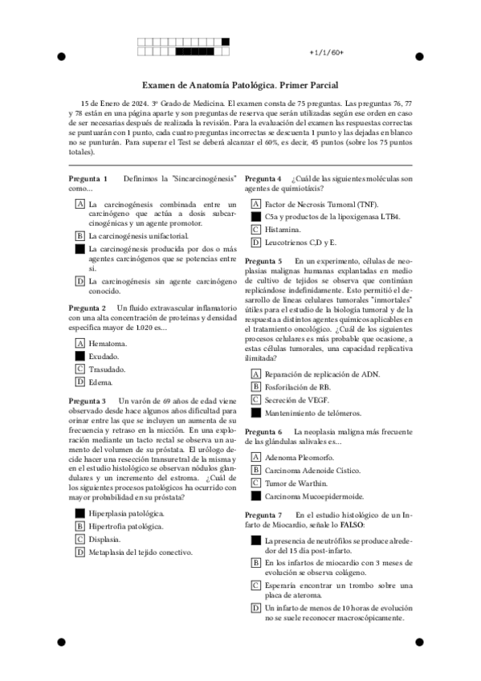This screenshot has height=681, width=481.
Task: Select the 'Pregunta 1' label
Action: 88,178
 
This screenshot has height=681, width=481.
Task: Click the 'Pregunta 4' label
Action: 263,178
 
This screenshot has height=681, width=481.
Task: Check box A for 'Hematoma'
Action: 79,343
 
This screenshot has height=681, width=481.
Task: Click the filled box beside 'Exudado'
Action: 79,356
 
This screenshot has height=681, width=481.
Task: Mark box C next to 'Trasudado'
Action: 79,369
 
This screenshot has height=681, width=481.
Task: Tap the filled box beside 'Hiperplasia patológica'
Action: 79,512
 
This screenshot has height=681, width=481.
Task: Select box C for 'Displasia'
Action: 79,539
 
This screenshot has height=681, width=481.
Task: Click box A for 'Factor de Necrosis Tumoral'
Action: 255,204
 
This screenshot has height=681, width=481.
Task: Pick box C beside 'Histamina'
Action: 255,230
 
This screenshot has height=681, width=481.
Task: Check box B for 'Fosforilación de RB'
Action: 255,387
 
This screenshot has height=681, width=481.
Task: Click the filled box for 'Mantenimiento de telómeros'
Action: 255,413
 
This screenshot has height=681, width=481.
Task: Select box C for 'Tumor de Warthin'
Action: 255,483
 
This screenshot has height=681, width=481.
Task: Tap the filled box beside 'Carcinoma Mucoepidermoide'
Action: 255,496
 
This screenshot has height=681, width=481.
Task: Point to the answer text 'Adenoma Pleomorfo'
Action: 297,457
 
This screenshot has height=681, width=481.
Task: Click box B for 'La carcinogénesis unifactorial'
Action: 79,236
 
